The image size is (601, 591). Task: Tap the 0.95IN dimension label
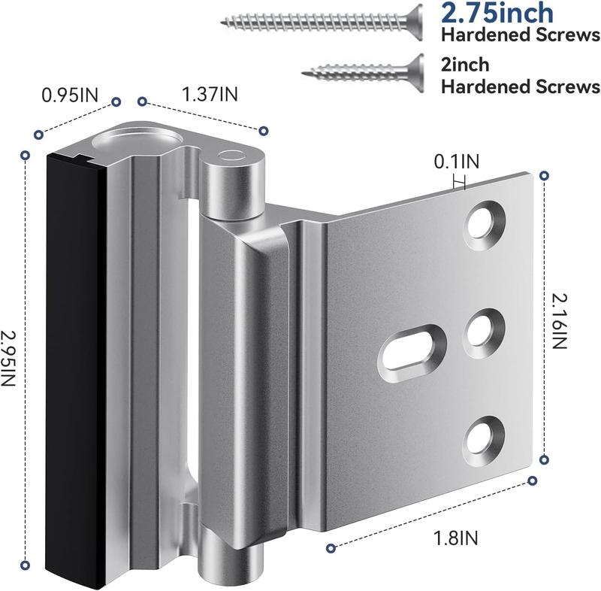point(70,95)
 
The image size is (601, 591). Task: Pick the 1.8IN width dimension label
point(457,537)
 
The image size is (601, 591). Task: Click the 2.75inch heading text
point(497,13)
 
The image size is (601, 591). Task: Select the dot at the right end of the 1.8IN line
point(534,480)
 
